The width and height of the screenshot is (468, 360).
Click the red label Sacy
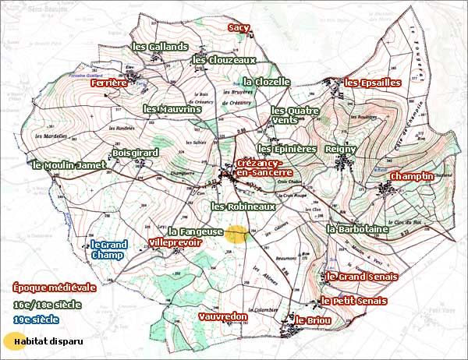point(239,28)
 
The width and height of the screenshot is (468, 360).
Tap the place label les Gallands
point(160,47)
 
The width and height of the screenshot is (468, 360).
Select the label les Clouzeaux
point(225,59)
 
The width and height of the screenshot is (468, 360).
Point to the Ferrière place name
point(108,82)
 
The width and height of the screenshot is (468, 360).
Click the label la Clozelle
point(267,81)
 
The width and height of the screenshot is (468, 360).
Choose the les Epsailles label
point(373,82)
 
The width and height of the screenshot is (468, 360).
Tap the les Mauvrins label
point(172,109)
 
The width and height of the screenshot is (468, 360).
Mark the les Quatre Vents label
point(295,115)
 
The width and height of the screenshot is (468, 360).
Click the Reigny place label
point(341,148)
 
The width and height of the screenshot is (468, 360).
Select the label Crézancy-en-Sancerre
point(264,168)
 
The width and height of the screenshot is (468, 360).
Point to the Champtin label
point(411,177)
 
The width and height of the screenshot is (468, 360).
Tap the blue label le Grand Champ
point(108,249)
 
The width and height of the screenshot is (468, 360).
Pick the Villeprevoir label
point(175,243)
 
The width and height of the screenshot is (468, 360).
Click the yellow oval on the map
point(236,235)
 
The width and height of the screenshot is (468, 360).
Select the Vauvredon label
point(223,317)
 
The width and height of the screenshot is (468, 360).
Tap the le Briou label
point(313,320)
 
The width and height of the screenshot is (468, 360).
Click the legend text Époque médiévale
point(44,287)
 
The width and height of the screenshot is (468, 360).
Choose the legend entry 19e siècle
point(36,319)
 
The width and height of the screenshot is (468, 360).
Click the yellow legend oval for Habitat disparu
point(13,341)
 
